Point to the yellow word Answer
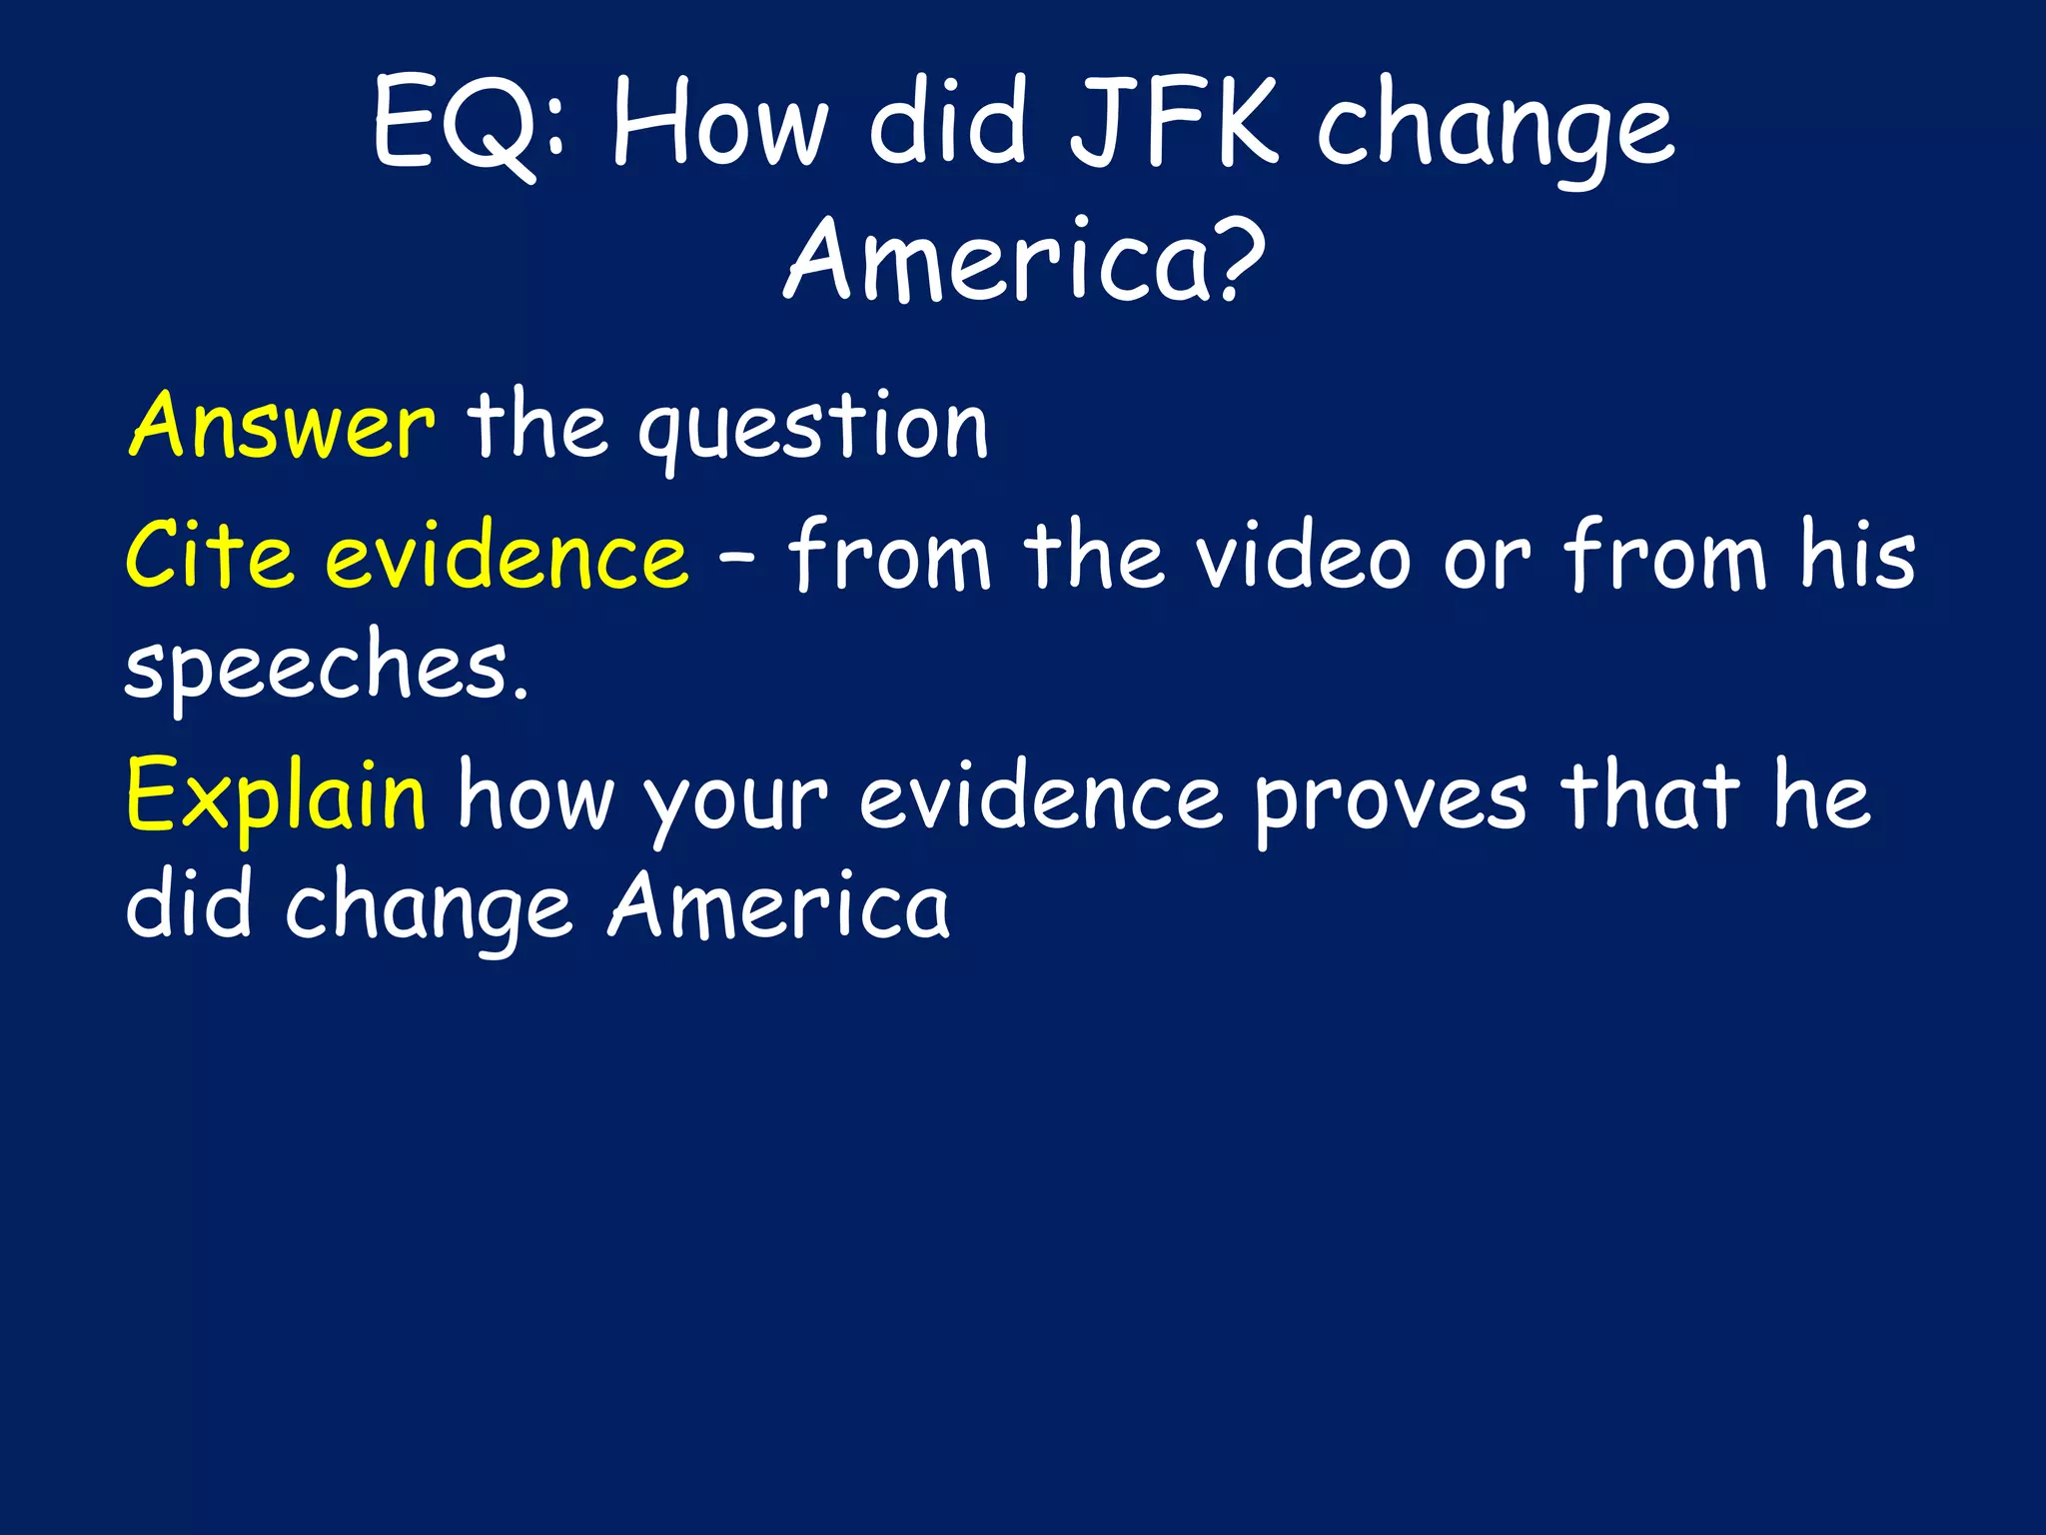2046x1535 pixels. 282,426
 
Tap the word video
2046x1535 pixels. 1304,555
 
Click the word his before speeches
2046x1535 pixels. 1857,555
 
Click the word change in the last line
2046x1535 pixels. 430,909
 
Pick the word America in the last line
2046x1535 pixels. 779,905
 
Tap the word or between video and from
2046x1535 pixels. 1487,560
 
